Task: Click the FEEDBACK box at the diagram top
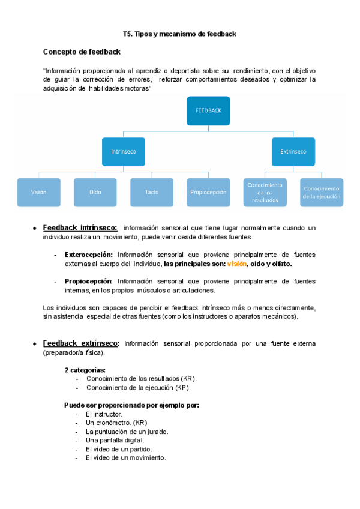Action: pos(208,110)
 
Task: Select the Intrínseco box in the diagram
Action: pos(124,151)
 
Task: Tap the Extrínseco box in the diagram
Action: pos(293,151)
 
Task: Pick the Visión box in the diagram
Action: pos(39,192)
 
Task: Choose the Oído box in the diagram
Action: pos(95,192)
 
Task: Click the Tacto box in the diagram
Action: pos(152,192)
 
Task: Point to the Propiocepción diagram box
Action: pos(208,192)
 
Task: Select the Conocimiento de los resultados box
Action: pos(265,192)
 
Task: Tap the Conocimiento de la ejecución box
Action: pos(322,192)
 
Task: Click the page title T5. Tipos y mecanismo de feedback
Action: pos(179,34)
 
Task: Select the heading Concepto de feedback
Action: pos(82,52)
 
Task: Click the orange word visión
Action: pos(236,264)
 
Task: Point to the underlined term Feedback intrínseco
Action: pos(80,228)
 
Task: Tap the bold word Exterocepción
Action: pos(88,254)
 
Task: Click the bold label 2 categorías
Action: pos(85,370)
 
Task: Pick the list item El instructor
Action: pos(104,414)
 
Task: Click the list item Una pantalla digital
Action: pos(115,440)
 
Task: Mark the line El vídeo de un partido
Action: pos(119,449)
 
